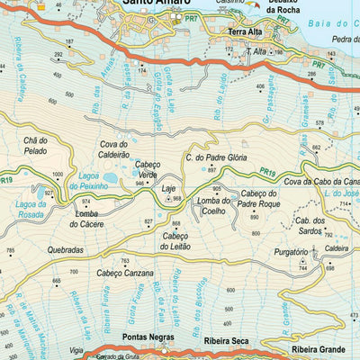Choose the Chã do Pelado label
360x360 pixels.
[35, 144]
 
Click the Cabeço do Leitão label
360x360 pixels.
[181, 241]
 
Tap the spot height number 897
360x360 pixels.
[212, 170]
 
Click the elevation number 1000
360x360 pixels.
[58, 175]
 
